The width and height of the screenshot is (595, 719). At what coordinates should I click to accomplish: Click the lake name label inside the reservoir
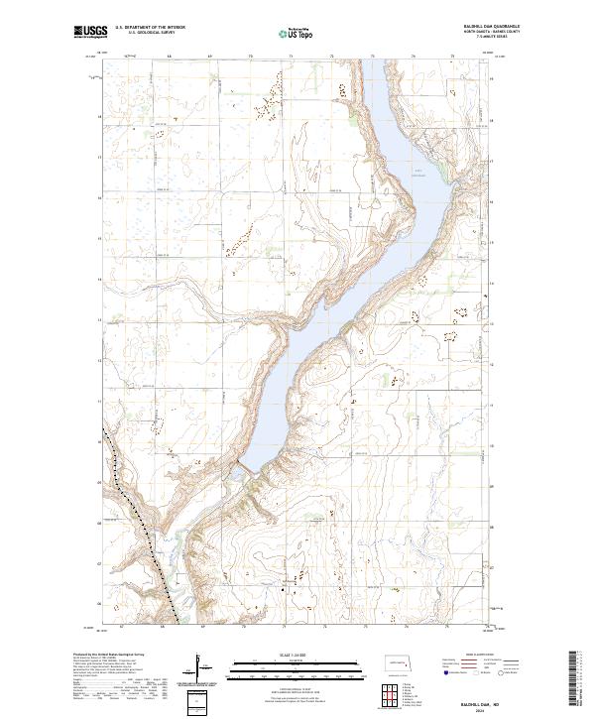[417, 176]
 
